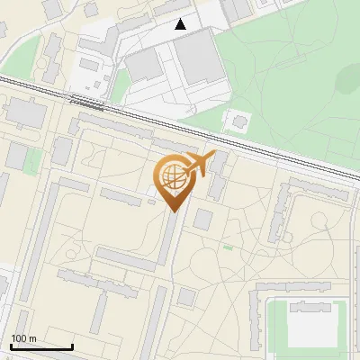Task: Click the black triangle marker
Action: [181, 24]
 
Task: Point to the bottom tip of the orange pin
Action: [171, 211]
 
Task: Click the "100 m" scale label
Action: [24, 338]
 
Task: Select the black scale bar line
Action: [41, 346]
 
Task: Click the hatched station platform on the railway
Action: [87, 102]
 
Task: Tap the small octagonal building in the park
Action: [239, 120]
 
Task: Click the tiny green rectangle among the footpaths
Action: [228, 247]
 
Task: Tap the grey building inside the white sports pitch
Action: [311, 308]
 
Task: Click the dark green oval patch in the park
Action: [348, 81]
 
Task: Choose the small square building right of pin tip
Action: [202, 219]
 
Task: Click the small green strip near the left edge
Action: [33, 162]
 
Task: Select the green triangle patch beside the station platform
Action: [119, 88]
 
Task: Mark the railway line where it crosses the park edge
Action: [211, 131]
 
